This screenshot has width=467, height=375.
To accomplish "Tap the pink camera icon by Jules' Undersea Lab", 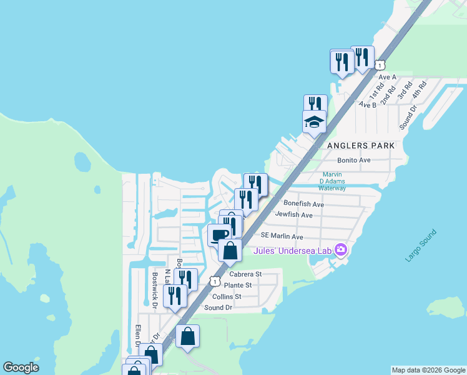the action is tap(340, 251).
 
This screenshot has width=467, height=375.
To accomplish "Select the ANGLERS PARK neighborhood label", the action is tap(361, 145).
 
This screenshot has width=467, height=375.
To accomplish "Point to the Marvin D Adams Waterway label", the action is tap(332, 181).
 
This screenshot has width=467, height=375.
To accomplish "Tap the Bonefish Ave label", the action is tap(303, 204).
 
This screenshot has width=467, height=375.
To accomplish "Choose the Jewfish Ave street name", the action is tap(293, 214).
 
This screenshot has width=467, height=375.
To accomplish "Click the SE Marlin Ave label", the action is tap(282, 236).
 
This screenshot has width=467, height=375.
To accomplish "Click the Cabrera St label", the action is tap(245, 274).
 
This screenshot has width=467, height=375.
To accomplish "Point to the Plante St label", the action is tap(238, 285).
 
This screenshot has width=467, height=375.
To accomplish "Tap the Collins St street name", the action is tap(227, 296).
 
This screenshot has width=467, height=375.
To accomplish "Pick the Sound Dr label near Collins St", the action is tap(219, 307).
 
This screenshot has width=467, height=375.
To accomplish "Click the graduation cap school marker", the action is tap(314, 121).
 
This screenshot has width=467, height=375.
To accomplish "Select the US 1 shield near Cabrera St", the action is tap(215, 281).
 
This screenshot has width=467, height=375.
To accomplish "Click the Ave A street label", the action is tap(387, 77).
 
